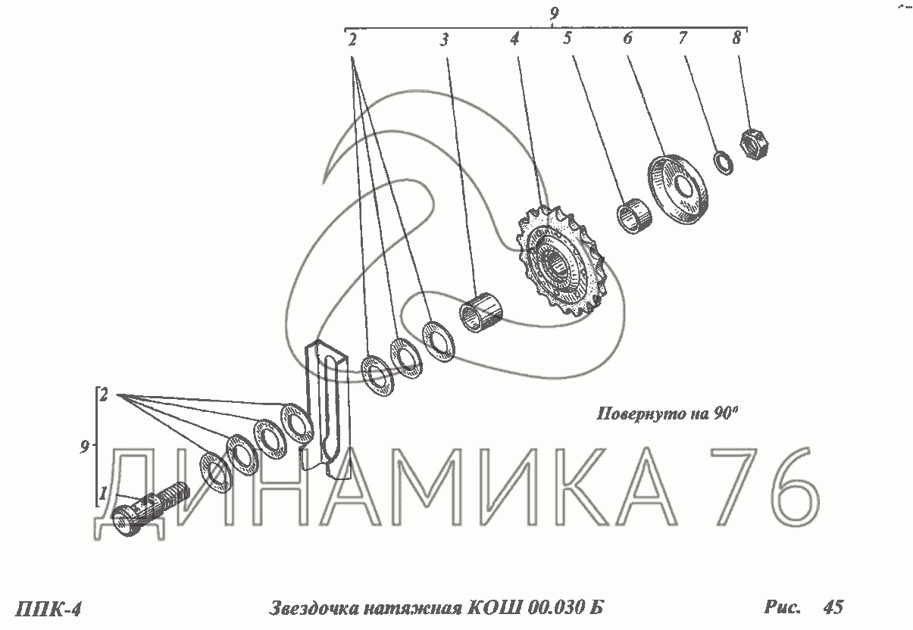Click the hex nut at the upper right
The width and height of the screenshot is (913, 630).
point(754,144)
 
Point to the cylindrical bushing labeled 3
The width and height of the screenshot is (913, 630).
point(481,311)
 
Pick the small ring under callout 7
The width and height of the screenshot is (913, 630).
point(724,163)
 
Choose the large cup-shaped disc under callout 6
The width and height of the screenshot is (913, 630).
point(678,189)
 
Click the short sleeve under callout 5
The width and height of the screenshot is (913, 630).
point(633,216)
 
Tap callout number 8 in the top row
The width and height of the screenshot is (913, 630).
point(736,39)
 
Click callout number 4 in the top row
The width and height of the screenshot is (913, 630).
point(514,39)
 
